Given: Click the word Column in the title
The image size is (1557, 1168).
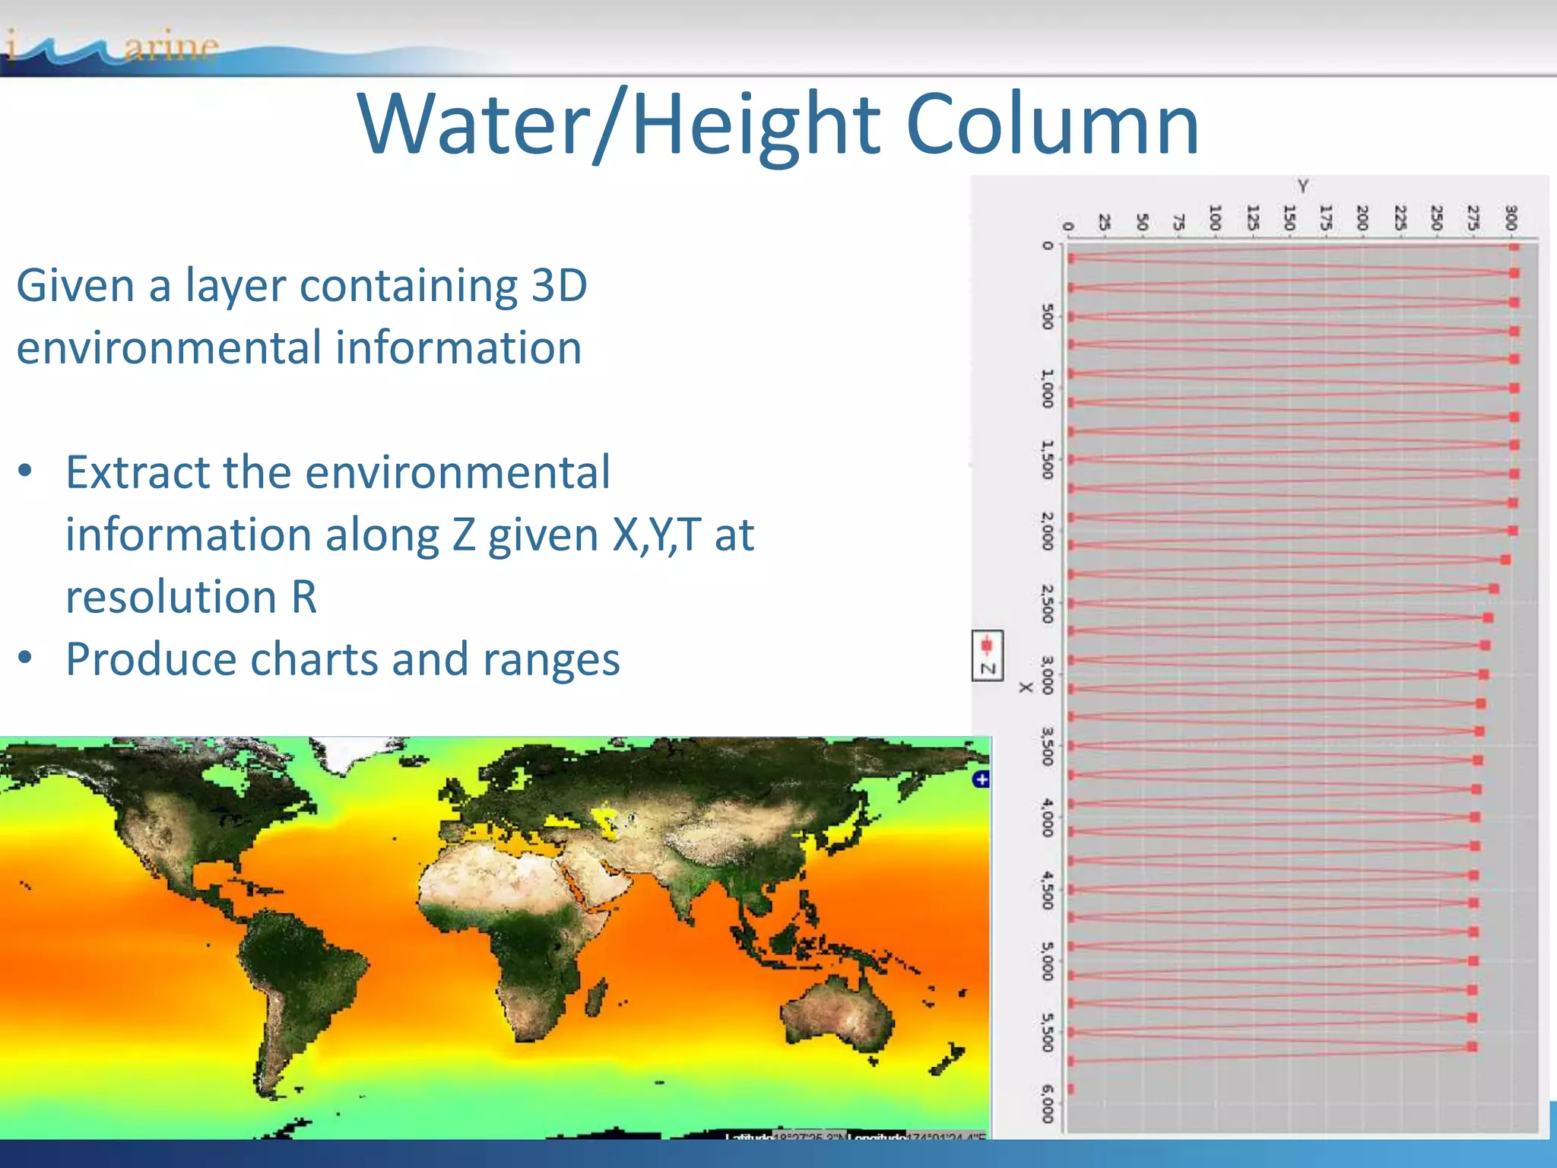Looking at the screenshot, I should point(1052,124).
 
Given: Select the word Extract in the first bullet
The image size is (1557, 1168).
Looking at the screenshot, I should point(137,472).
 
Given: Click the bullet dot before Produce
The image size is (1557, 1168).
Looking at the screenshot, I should point(26,657).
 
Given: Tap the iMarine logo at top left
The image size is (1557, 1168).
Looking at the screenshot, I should point(114,49).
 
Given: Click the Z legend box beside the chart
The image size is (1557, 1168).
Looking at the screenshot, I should point(988,655).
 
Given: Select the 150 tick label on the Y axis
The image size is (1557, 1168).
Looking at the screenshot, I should point(1289,217).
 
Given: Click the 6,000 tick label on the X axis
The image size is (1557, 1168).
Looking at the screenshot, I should point(1048,1104).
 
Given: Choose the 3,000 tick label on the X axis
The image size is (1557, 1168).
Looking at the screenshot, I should point(1048,675).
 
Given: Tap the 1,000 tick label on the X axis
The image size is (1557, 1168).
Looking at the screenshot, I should point(1048,389).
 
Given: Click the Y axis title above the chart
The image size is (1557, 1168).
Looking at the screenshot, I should point(1303,186).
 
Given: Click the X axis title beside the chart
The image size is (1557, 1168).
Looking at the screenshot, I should point(1026,687).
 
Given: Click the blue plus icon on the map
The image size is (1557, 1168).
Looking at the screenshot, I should point(981,779).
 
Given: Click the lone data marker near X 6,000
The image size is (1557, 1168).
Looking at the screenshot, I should point(1071,1089).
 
